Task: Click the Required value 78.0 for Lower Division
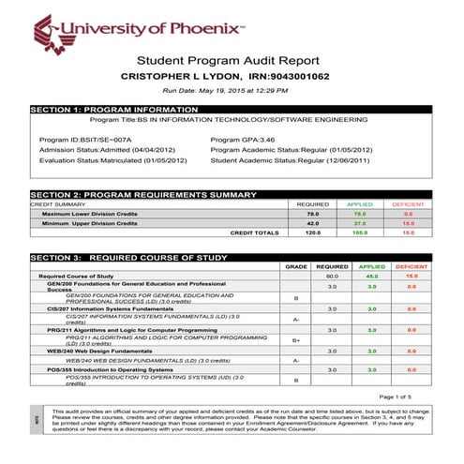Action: click(x=313, y=214)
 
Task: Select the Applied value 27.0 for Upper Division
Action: click(x=359, y=223)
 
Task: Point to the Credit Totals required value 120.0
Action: click(x=313, y=232)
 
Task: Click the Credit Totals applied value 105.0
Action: click(x=359, y=232)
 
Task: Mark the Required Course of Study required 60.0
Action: click(x=331, y=277)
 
